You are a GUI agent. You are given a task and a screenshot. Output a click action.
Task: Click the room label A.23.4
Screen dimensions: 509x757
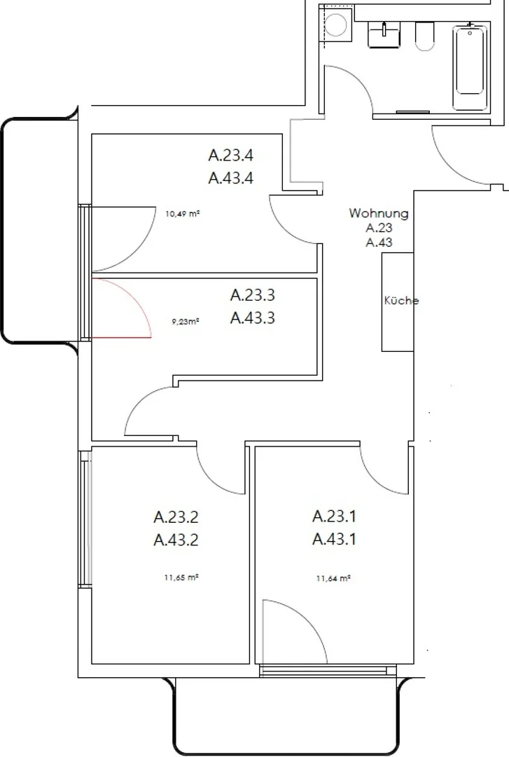tap(230, 156)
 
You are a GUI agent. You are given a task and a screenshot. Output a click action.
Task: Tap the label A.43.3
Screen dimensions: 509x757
tap(252, 318)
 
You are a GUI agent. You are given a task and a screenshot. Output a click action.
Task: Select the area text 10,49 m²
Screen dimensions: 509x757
tap(183, 213)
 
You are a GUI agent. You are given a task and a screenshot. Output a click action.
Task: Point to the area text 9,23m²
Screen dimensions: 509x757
tap(186, 320)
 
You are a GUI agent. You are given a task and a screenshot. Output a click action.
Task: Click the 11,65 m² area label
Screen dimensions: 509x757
tap(182, 577)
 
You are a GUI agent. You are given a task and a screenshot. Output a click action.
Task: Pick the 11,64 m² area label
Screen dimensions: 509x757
tap(333, 578)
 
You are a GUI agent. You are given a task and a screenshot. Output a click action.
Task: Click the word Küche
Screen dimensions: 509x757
tap(401, 301)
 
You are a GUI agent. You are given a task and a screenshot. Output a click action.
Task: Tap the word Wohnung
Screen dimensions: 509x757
tap(379, 213)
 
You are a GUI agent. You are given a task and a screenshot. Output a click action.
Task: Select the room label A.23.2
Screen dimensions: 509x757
tap(176, 517)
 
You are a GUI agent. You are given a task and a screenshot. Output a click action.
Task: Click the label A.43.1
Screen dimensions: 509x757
tap(334, 539)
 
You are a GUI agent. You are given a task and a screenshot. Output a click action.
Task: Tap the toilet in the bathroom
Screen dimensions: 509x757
tap(424, 36)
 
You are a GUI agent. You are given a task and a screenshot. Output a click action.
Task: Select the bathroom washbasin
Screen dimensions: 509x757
tap(384, 35)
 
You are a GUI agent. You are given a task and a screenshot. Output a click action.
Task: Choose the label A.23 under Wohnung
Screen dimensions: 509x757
tap(379, 228)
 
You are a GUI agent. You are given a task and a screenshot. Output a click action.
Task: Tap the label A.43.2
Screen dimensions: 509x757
tap(176, 540)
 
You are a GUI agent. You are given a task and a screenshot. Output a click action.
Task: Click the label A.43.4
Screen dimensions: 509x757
tap(230, 178)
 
